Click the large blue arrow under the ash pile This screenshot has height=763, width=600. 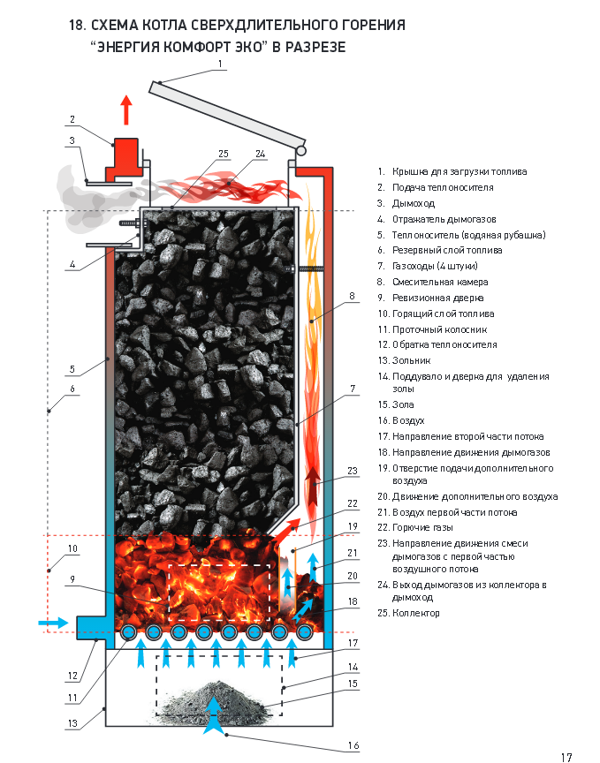(x=212, y=716)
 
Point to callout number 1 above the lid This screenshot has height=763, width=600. (x=221, y=64)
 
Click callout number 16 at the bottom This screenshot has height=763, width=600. (x=353, y=746)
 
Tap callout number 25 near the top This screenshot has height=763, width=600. (x=224, y=153)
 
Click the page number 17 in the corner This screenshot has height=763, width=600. (x=566, y=757)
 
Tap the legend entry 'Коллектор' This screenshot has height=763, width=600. (x=415, y=613)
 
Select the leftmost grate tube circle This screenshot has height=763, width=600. (x=129, y=632)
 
